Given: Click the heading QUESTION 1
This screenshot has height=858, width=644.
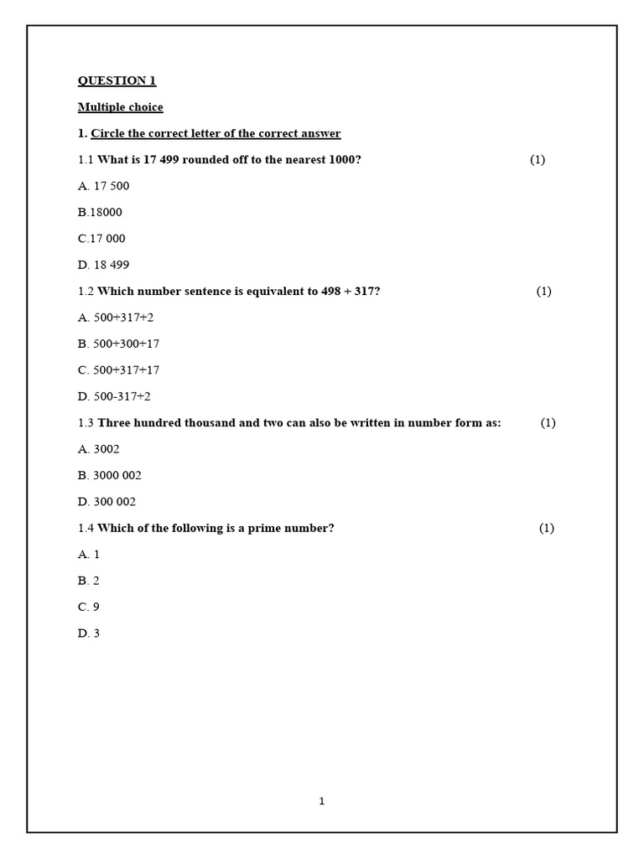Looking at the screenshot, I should click(x=117, y=81).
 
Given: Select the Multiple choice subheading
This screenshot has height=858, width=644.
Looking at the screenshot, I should click(x=120, y=107).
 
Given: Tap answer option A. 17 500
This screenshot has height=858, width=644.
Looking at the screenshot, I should click(x=104, y=186).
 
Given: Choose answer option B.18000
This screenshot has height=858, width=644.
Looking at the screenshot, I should click(x=100, y=212).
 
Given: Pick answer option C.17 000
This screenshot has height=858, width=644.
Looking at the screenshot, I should click(x=101, y=239).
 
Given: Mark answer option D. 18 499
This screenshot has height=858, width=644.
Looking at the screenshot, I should click(x=104, y=265).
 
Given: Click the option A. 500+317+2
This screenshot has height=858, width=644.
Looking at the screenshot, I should click(x=116, y=318).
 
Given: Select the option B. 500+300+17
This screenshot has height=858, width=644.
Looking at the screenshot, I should click(x=119, y=344).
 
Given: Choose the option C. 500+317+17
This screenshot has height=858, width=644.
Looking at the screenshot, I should click(x=119, y=370).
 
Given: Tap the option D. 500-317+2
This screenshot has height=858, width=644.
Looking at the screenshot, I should click(x=114, y=396).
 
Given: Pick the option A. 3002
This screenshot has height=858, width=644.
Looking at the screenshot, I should click(x=99, y=449).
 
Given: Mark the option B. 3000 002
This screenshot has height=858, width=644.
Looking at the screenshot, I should click(x=110, y=475).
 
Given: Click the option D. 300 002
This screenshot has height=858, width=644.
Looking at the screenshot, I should click(x=106, y=502).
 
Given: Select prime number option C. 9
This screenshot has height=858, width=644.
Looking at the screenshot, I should click(x=89, y=607).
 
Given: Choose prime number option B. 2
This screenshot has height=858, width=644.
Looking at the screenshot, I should click(x=89, y=581).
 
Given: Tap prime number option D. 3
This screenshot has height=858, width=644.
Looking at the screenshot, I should click(x=89, y=633).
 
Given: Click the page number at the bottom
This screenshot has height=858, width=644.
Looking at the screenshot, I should click(x=322, y=802).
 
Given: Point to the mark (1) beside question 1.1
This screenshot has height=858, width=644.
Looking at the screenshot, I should click(x=538, y=160).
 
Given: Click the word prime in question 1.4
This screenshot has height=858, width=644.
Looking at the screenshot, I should click(x=252, y=528).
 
